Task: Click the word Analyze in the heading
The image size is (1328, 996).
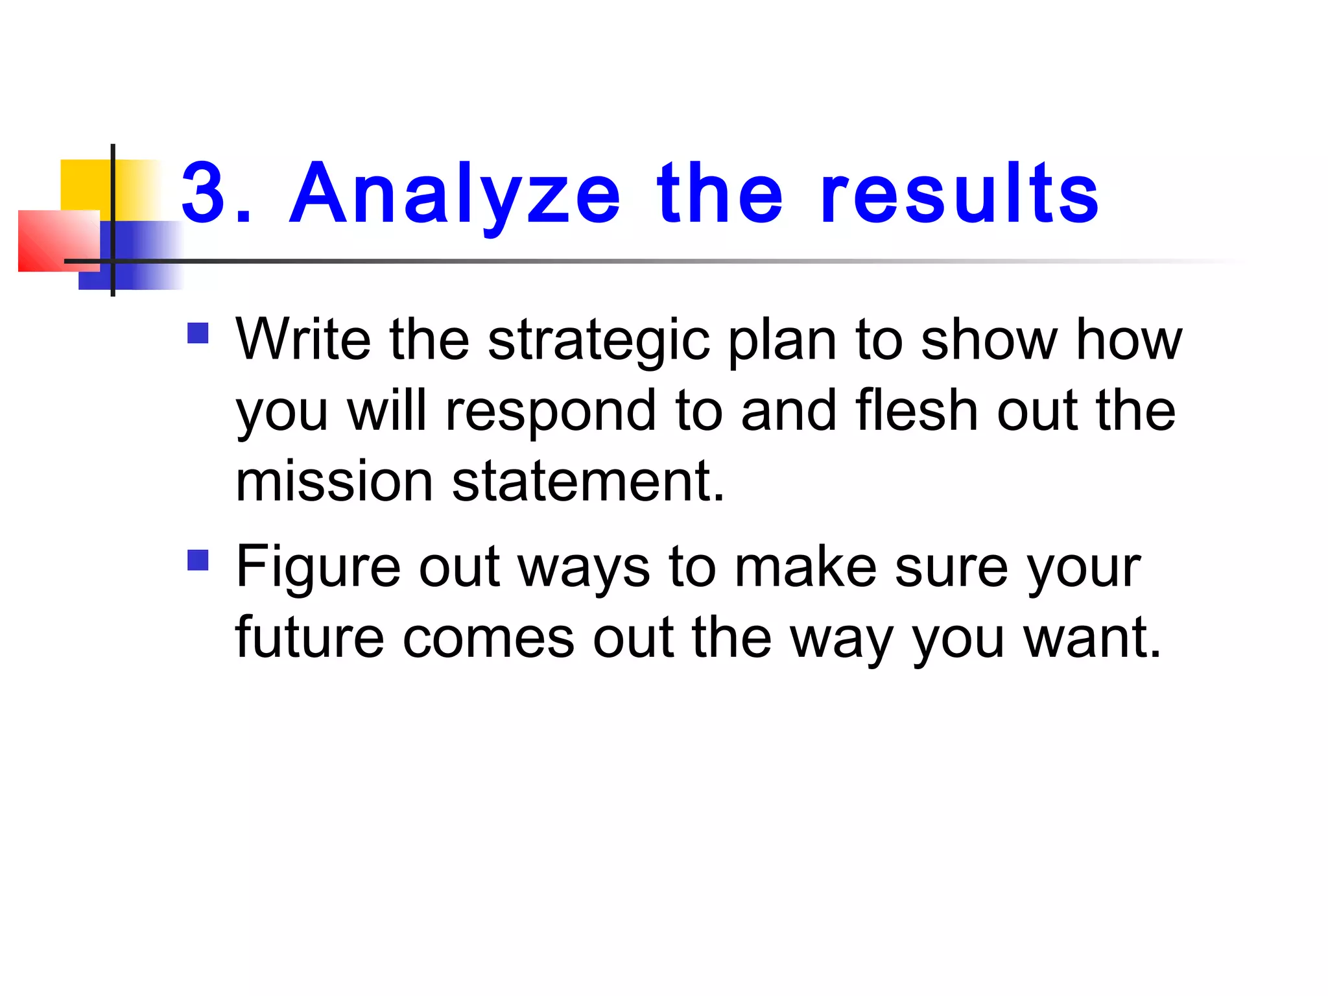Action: (x=455, y=194)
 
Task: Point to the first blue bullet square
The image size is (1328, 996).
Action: (x=198, y=333)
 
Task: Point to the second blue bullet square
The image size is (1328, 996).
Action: (x=198, y=560)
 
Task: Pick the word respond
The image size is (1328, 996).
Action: (x=551, y=412)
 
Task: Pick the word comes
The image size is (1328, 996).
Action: (x=488, y=639)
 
